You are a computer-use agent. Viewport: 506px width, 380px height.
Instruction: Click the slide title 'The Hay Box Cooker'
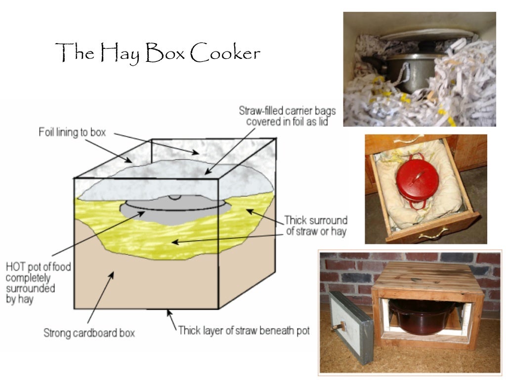coord(158,52)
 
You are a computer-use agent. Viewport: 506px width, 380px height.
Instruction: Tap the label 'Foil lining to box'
coord(73,133)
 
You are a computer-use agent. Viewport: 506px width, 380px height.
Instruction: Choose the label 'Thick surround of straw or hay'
coord(316,225)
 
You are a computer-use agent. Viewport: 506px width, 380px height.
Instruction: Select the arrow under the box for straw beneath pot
coord(171,319)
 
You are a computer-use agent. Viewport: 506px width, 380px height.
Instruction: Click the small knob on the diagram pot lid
coord(176,197)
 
